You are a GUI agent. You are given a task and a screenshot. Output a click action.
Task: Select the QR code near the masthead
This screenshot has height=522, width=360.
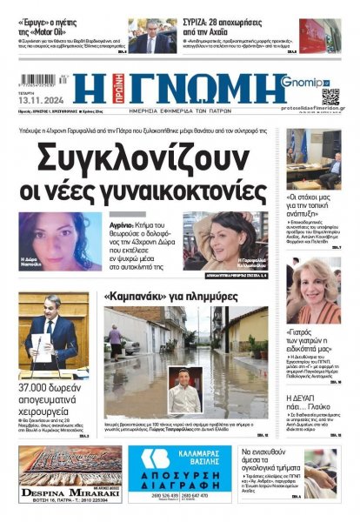[x=330, y=96]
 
